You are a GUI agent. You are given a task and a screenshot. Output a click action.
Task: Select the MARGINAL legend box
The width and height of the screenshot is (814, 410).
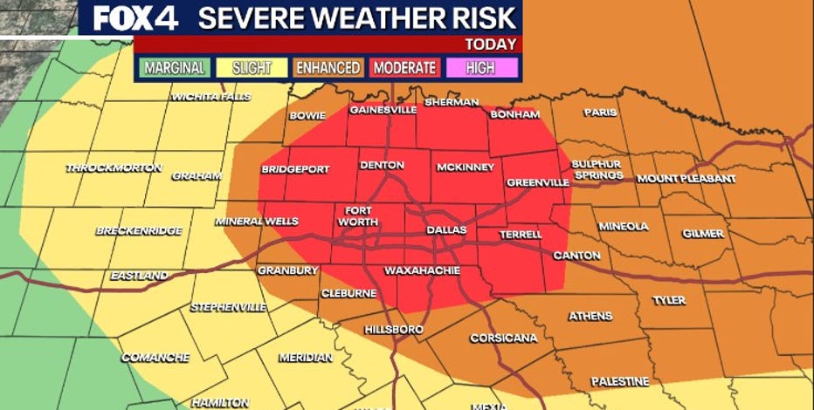[175, 67]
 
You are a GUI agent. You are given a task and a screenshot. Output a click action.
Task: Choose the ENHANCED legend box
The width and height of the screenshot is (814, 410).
[328, 67]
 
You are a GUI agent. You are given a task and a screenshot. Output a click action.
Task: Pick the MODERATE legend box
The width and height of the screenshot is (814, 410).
[404, 67]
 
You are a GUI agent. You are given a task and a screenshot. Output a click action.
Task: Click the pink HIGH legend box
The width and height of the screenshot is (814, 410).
[481, 67]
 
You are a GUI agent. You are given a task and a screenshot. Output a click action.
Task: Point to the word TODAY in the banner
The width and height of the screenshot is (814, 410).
[490, 44]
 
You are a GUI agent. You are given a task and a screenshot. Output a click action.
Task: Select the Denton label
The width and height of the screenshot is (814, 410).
[382, 165]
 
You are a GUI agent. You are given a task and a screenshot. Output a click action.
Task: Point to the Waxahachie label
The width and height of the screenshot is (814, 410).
[422, 270]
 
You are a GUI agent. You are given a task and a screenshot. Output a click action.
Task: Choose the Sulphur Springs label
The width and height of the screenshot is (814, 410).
[597, 169]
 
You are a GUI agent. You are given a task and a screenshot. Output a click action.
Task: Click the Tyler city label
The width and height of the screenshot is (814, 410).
[669, 300]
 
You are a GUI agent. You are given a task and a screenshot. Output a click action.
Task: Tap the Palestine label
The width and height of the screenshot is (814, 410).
[619, 381]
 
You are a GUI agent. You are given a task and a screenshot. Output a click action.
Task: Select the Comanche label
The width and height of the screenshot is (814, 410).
[155, 358]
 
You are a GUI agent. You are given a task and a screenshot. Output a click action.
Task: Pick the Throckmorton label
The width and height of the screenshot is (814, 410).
[114, 167]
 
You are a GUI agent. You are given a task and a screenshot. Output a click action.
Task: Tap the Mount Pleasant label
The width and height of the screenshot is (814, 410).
[685, 179]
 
